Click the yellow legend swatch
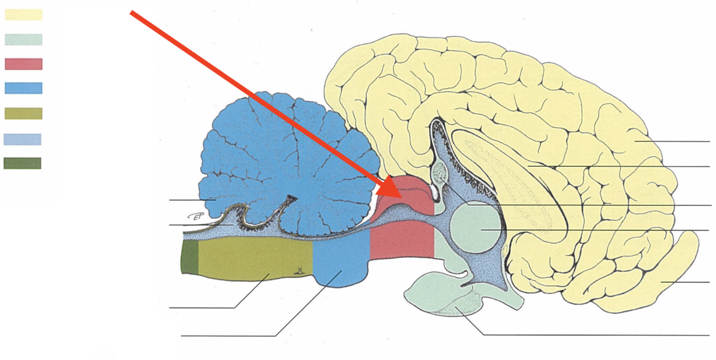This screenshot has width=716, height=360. click(24, 14)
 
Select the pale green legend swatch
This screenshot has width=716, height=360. click(24, 39)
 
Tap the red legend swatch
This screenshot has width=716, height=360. click(24, 64)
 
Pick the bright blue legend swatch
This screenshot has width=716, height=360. click(24, 88)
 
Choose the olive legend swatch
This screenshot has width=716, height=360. click(24, 113)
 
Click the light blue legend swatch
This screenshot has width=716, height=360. click(23, 139)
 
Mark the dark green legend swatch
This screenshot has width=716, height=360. click(23, 163)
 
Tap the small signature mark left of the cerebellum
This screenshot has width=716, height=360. click(198, 216)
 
